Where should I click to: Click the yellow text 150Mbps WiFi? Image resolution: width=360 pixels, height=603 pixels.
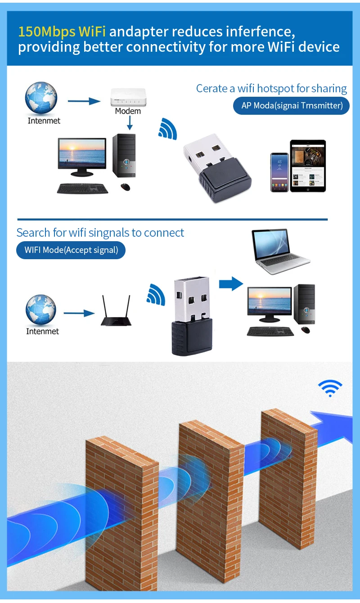point(62,31)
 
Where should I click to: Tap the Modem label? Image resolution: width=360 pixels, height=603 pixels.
point(128,111)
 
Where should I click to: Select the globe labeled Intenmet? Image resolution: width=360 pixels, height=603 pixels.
point(41,97)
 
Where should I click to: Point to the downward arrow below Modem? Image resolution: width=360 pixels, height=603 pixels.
point(129,123)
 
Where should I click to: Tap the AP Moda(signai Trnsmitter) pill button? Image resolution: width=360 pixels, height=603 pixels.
point(292,106)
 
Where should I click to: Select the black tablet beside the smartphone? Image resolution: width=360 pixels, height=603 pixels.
point(308,166)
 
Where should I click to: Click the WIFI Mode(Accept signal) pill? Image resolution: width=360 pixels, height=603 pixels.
point(71,250)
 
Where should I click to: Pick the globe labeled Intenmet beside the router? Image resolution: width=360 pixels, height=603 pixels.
point(41,310)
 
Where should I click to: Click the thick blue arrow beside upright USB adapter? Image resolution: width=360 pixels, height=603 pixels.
point(231,283)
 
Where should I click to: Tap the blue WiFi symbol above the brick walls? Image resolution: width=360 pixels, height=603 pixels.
point(330,387)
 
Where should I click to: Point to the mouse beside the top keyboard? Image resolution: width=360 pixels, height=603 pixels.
point(125,187)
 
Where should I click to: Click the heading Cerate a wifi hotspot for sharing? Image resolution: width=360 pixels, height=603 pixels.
point(271,89)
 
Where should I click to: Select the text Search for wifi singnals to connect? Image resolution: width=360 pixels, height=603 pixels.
point(100,233)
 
